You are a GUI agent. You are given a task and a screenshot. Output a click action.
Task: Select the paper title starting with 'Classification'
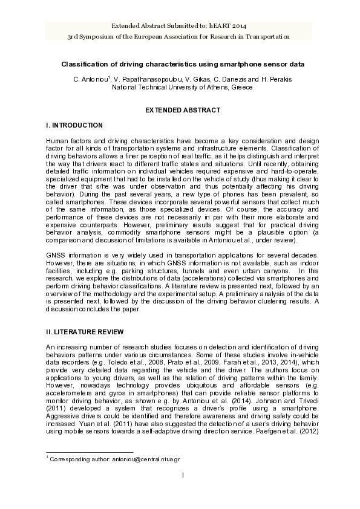pos(182,63)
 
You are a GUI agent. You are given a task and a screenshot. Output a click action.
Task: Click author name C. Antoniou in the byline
pos(90,79)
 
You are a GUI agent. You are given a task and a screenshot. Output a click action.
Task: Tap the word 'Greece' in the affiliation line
pos(241,87)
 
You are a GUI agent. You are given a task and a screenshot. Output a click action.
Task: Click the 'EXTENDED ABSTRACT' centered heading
pos(182,110)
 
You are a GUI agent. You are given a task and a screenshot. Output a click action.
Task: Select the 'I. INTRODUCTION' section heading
pos(74,125)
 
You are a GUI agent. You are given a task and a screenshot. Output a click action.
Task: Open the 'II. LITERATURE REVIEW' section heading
pos(85,332)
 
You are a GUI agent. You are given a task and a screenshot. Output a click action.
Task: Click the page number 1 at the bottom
pos(182,475)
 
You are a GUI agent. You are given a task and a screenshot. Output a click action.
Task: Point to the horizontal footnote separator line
pos(90,452)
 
